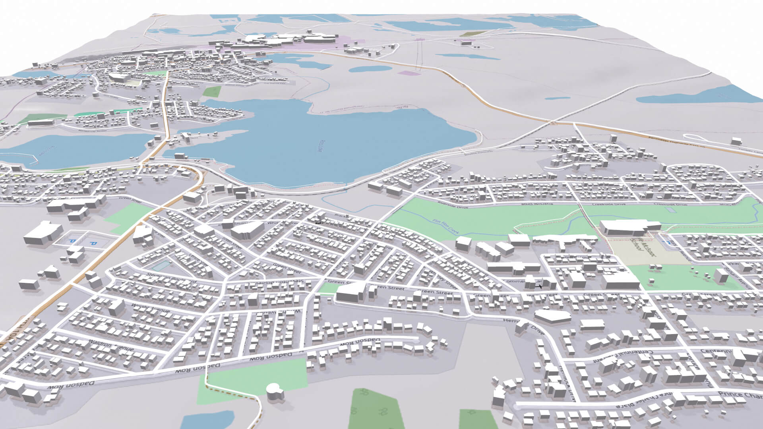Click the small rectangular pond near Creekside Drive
[x=670, y=209]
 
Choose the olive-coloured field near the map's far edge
[x=473, y=34]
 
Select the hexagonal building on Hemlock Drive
[x=552, y=316]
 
